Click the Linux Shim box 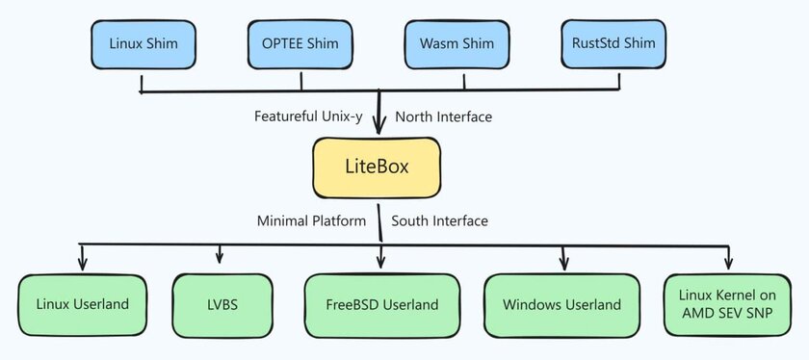(143, 43)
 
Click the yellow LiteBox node (377, 166)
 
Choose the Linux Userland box (82, 305)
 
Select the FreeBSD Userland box (380, 305)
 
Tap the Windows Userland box (561, 305)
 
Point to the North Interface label (444, 116)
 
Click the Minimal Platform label (311, 220)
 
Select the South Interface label (440, 220)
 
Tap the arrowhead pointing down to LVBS (221, 258)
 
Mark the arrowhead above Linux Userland (82, 263)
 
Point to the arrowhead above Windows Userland (564, 263)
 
